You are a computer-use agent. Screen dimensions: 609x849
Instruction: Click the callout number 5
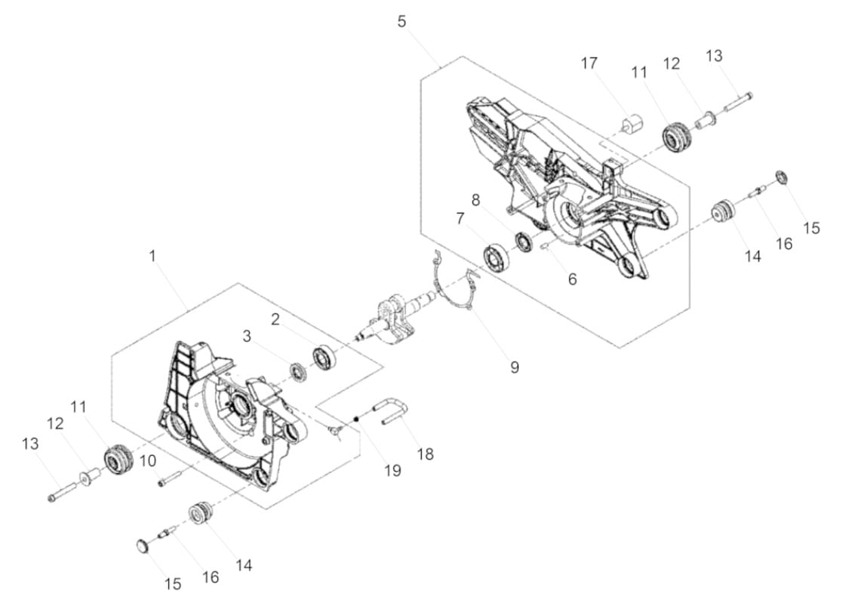(x=401, y=22)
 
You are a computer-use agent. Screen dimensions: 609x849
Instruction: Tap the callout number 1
(x=152, y=256)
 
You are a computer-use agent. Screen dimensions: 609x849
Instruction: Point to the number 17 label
(x=589, y=63)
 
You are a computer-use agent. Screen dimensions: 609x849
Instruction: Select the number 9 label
(x=515, y=368)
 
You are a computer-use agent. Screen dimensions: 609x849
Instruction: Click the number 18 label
(x=426, y=454)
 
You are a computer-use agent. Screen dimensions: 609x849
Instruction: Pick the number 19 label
(x=392, y=471)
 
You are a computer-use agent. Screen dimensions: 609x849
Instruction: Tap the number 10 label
(x=148, y=460)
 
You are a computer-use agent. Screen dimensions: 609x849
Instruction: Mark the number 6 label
(x=572, y=280)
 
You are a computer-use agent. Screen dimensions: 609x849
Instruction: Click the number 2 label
(x=275, y=319)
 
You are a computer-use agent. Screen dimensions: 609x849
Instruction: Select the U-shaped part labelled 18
(x=392, y=412)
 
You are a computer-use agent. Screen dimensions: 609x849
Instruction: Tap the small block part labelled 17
(x=630, y=121)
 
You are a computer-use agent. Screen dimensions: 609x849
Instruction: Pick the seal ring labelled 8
(x=522, y=241)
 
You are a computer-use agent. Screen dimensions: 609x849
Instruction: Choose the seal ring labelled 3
(x=300, y=371)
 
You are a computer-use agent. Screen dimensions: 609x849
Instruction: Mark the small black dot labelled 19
(x=357, y=420)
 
